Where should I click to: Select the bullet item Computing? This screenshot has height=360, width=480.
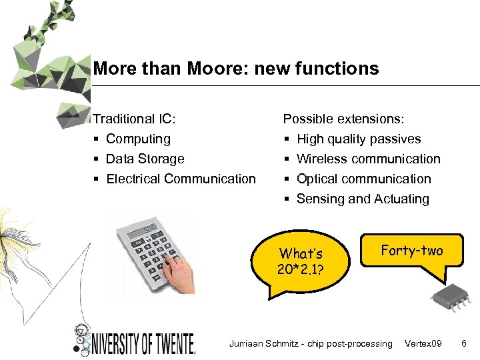(138, 139)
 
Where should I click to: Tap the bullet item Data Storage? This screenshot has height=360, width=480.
(145, 159)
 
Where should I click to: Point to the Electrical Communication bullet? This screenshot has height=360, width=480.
(181, 179)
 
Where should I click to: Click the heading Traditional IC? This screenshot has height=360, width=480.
(134, 119)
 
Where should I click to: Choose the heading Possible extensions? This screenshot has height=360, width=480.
(343, 119)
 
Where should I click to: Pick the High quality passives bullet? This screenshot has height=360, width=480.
(359, 139)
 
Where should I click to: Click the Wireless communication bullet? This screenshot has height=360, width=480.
(368, 159)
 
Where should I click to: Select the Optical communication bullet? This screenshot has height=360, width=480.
(363, 179)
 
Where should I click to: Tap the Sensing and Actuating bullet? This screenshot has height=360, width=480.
(363, 199)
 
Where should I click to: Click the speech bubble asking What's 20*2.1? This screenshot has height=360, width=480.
(301, 261)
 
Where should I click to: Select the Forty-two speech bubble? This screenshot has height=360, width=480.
(411, 251)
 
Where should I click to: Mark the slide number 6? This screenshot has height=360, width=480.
(464, 343)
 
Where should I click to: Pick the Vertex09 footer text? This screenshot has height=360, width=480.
(423, 343)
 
